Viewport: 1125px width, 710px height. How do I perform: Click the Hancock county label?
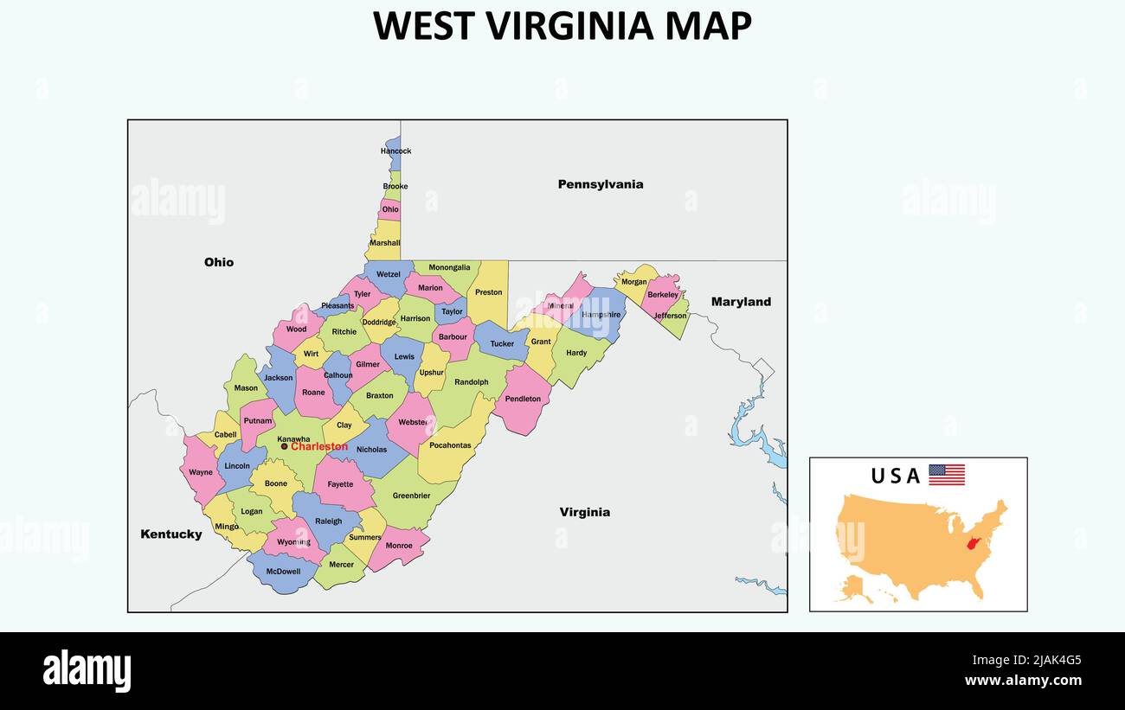pos(395,151)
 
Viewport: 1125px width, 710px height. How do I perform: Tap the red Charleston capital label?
pos(319,447)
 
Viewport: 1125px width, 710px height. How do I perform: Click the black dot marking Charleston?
pos(284,446)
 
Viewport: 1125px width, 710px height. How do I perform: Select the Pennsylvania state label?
pos(600,184)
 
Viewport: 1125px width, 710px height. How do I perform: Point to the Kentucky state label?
pos(170,534)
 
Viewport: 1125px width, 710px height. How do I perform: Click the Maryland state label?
pos(741,302)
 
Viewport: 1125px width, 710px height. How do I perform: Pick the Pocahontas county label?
pos(450,446)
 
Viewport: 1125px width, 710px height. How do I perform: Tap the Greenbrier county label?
pos(411,496)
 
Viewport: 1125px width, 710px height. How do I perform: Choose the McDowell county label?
pos(283,572)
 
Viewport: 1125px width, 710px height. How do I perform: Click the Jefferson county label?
pos(670,316)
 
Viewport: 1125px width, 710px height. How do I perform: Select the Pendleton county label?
pos(523,400)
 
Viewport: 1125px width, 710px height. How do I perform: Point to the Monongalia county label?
pos(449,268)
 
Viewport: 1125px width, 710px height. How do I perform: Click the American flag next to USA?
pos(946,475)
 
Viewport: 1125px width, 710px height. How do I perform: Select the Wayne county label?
pos(201,473)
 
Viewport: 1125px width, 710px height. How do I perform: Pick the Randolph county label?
pos(471,382)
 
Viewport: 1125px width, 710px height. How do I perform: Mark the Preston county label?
pos(488,292)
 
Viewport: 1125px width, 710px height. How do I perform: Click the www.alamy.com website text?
pos(1023,681)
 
